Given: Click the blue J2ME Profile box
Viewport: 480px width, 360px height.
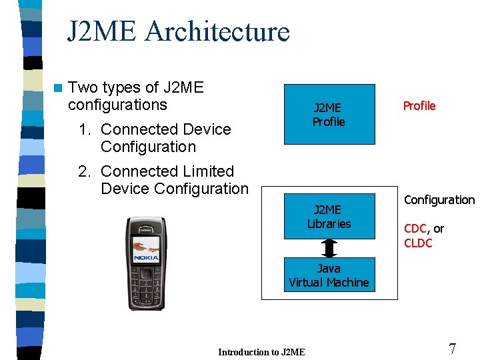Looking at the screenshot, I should pyautogui.click(x=329, y=114).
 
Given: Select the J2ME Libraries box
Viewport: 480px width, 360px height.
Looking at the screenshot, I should pyautogui.click(x=329, y=216).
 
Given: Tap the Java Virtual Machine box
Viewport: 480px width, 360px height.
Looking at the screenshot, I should pyautogui.click(x=329, y=275).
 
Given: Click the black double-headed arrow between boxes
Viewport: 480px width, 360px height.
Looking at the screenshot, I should pyautogui.click(x=329, y=248).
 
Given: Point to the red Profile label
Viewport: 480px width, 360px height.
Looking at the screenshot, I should pyautogui.click(x=419, y=106).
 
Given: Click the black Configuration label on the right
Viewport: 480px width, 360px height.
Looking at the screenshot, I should pyautogui.click(x=439, y=200).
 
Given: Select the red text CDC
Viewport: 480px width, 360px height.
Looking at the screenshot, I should pyautogui.click(x=415, y=229).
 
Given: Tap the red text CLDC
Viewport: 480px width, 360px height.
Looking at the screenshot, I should pyautogui.click(x=418, y=243).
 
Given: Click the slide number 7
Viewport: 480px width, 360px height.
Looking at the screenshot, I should pyautogui.click(x=453, y=349).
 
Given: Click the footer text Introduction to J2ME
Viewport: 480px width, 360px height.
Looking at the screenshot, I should pyautogui.click(x=261, y=352).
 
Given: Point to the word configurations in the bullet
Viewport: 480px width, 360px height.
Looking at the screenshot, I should pyautogui.click(x=117, y=105).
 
